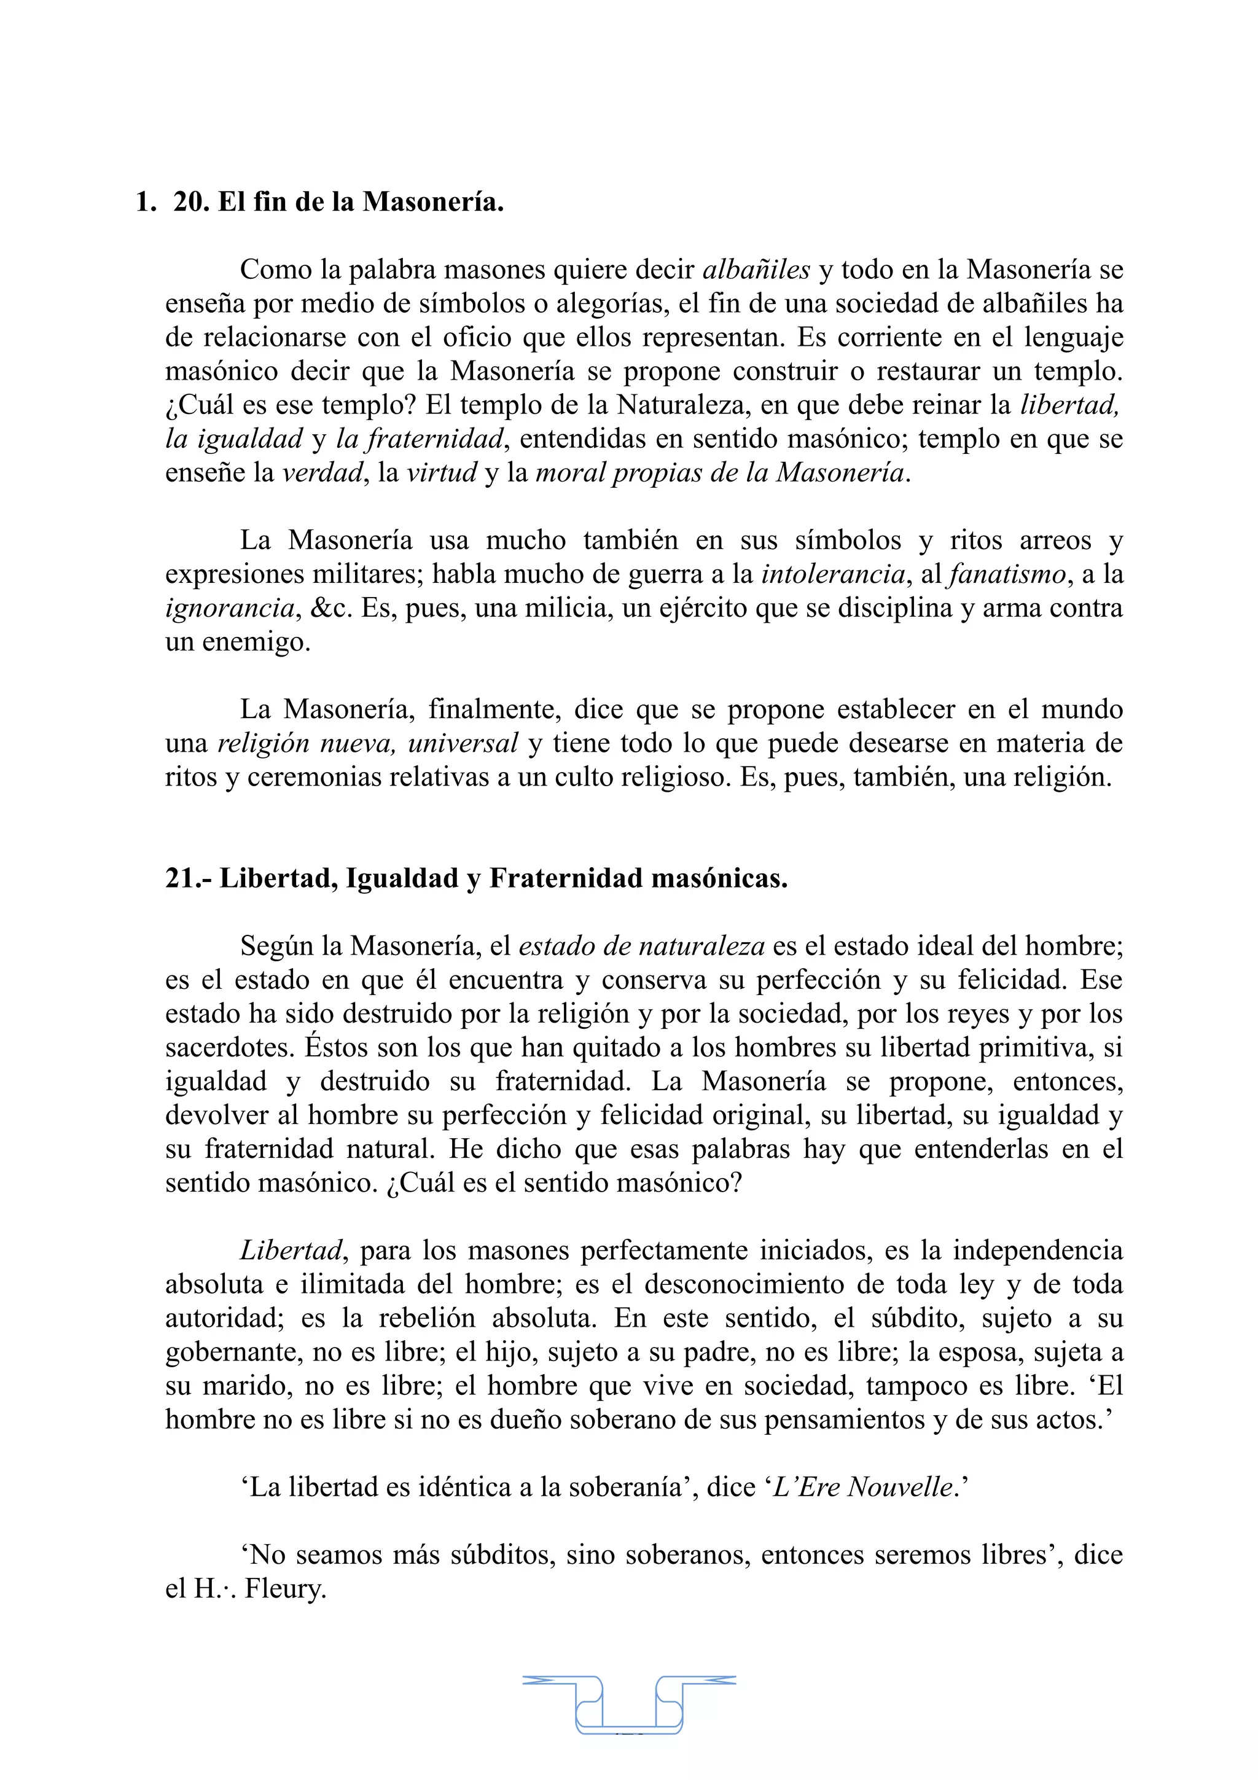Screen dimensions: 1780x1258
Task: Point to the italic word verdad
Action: click(x=322, y=472)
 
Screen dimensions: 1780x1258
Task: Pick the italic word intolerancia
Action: click(x=834, y=574)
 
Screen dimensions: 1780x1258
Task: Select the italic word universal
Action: click(x=463, y=743)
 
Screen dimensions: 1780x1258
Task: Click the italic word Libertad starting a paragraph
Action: click(x=291, y=1251)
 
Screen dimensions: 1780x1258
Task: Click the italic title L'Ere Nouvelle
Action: click(x=862, y=1487)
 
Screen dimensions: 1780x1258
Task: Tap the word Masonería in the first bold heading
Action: click(x=432, y=202)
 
